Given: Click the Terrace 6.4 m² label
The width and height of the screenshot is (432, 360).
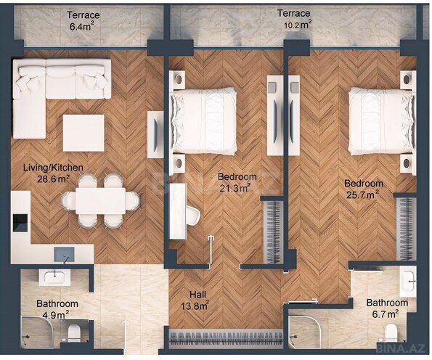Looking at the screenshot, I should pyautogui.click(x=83, y=20).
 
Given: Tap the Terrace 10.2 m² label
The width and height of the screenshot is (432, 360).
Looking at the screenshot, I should pyautogui.click(x=294, y=18).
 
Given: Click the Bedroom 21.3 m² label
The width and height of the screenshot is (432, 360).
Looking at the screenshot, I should pyautogui.click(x=236, y=182).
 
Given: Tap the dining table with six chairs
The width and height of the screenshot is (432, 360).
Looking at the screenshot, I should pyautogui.click(x=100, y=200).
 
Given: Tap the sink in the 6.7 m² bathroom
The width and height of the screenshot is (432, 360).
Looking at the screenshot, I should pyautogui.click(x=409, y=279).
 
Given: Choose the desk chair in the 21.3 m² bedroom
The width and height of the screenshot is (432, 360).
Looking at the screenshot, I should pyautogui.click(x=190, y=214).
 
